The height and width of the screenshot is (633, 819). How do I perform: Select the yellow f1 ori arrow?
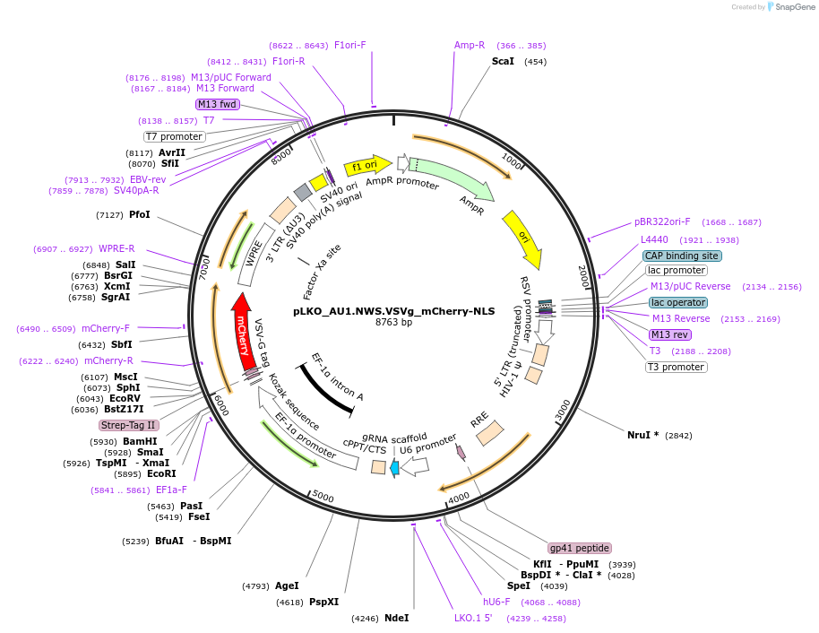pyautogui.click(x=367, y=165)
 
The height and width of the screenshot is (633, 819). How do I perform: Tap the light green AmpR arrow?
pyautogui.click(x=452, y=178)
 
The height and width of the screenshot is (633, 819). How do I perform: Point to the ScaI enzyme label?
pyautogui.click(x=503, y=61)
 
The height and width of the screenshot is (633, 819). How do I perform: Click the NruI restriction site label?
pyautogui.click(x=642, y=435)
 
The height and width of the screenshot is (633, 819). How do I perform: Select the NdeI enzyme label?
pyautogui.click(x=396, y=618)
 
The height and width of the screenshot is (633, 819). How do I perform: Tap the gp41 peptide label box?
pyautogui.click(x=580, y=548)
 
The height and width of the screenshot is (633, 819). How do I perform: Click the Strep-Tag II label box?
pyautogui.click(x=129, y=425)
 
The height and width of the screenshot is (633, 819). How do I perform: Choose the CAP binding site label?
pyautogui.click(x=682, y=256)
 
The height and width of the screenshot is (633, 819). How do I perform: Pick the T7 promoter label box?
pyautogui.click(x=175, y=136)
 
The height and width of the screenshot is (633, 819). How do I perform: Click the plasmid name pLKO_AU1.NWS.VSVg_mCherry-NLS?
pyautogui.click(x=393, y=311)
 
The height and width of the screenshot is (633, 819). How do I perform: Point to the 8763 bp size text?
pyautogui.click(x=393, y=322)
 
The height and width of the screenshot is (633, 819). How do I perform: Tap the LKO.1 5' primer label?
pyautogui.click(x=473, y=618)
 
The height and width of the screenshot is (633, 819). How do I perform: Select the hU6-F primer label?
pyautogui.click(x=496, y=602)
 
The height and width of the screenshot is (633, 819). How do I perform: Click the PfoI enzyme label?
pyautogui.click(x=140, y=214)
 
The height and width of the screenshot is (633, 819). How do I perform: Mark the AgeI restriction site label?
pyautogui.click(x=287, y=585)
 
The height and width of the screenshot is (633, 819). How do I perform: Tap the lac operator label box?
pyautogui.click(x=678, y=302)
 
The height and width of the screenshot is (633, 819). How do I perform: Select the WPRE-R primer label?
pyautogui.click(x=116, y=248)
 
